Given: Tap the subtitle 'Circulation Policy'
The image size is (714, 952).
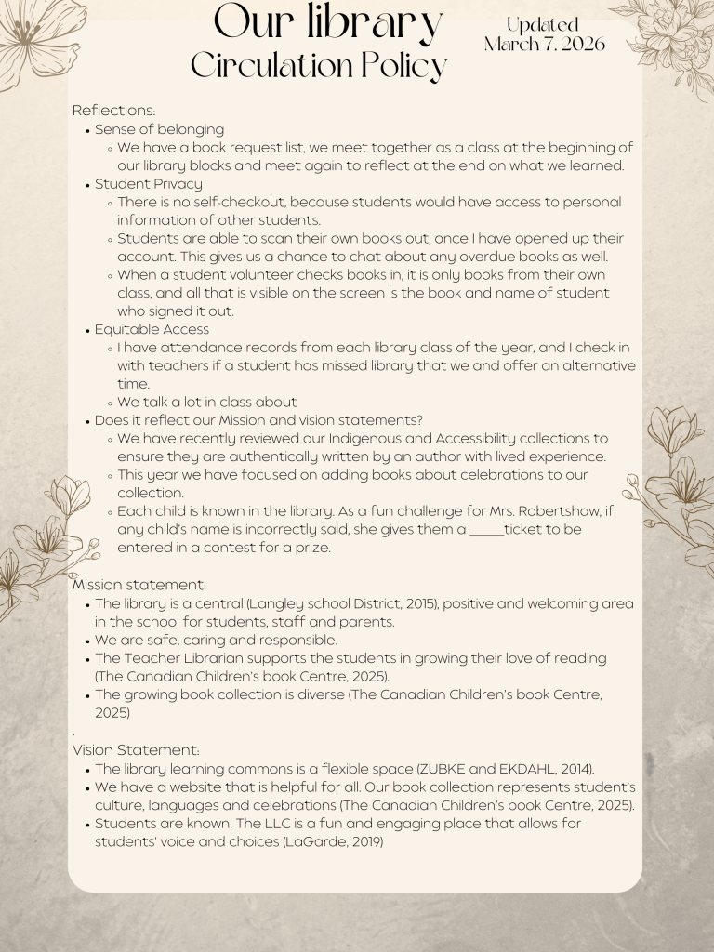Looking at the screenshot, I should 319,65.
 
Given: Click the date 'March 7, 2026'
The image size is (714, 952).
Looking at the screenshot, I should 544,44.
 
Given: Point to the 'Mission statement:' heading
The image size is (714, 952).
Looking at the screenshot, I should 139,585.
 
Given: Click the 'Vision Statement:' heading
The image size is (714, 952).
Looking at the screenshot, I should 136,749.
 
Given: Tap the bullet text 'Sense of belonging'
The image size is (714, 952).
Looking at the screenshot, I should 159,129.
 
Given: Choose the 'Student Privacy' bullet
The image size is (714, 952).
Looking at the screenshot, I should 148,184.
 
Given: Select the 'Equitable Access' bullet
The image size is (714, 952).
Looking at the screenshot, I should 152,329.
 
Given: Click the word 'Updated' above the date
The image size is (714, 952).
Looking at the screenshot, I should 543,25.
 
